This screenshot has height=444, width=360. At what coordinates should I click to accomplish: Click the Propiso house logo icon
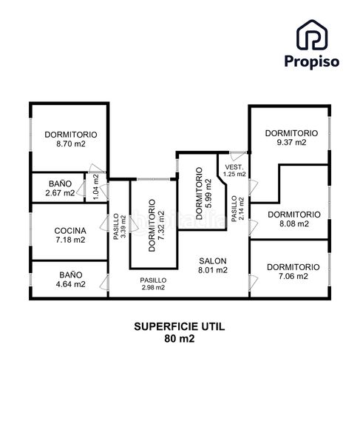tap(312, 35)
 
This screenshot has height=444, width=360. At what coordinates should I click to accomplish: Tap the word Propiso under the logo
tap(312, 61)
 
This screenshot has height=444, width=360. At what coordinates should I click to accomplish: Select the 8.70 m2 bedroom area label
tap(71, 144)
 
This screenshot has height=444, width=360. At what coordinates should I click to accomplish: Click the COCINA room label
tap(70, 230)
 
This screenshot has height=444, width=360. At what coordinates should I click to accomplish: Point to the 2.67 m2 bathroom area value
tap(60, 193)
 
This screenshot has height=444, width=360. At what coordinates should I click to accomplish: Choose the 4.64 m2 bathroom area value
tap(71, 284)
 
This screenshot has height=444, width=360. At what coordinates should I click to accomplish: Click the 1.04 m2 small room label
tap(96, 187)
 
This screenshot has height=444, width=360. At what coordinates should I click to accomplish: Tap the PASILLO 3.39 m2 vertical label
tap(119, 227)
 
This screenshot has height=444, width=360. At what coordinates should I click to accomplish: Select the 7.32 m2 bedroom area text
tap(161, 226)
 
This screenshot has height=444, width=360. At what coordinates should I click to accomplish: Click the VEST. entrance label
tap(234, 167)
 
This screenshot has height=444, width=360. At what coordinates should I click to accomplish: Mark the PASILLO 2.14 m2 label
tap(237, 209)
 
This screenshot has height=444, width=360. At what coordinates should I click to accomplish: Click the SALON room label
tap(213, 260)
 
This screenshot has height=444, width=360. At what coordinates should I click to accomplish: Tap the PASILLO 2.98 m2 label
tap(153, 283)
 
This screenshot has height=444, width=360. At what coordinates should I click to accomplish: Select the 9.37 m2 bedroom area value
tap(291, 142)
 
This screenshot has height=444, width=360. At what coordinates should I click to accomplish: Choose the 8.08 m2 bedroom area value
tap(294, 223)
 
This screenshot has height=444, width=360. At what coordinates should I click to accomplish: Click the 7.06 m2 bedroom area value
tap(293, 276)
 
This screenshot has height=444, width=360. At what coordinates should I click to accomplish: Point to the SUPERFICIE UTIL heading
tap(180, 326)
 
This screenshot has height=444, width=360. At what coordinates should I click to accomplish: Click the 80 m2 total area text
tap(180, 338)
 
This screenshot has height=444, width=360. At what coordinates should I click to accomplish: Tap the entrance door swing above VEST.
tap(238, 156)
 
